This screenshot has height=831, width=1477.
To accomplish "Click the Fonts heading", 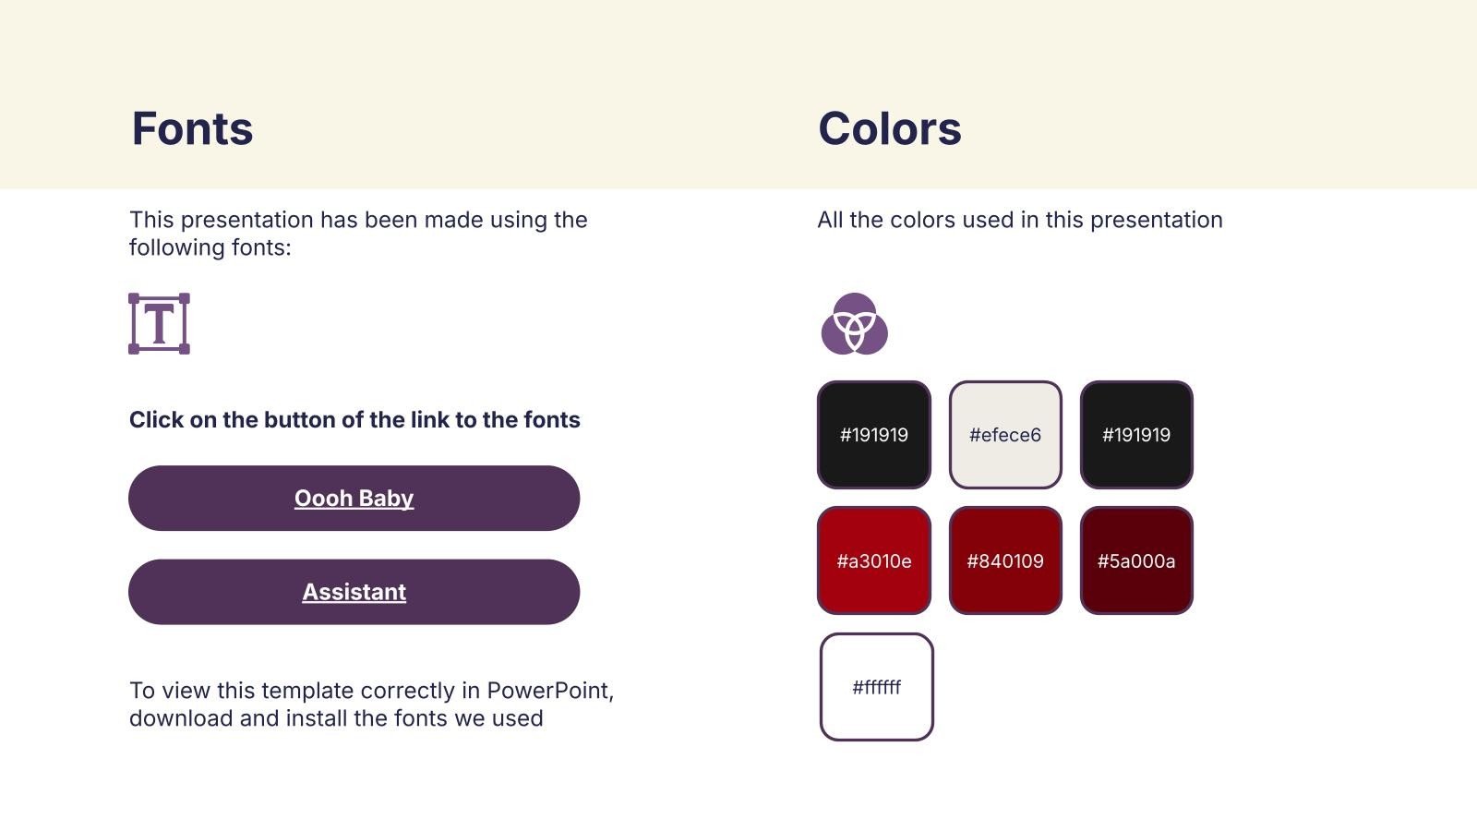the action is click(x=192, y=128).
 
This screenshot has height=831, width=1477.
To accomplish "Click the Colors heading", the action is click(x=890, y=128).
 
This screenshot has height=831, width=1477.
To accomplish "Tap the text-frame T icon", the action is click(x=159, y=324).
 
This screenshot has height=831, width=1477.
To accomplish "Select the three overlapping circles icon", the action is click(x=855, y=324).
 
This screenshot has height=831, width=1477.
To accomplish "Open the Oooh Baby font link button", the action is click(x=354, y=498).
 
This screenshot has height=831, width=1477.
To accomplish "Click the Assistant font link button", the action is click(x=354, y=592).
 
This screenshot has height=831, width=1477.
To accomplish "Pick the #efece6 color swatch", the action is click(x=1005, y=435).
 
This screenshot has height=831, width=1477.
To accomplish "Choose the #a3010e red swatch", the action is click(x=874, y=560).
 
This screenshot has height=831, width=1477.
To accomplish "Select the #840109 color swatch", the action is click(x=1005, y=560).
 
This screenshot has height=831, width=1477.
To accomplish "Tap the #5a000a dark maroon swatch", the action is click(x=1136, y=560).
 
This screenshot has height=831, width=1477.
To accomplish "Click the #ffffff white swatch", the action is click(x=877, y=687).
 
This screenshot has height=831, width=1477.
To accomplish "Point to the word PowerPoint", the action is click(x=550, y=691).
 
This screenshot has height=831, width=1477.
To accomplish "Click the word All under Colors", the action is click(x=830, y=220).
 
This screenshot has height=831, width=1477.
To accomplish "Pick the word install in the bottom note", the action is click(x=317, y=718).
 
